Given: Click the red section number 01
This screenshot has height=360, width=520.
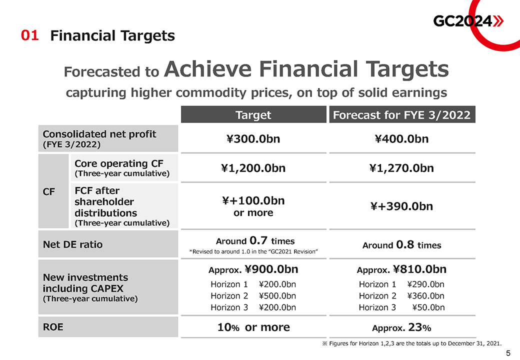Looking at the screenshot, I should click(29, 35).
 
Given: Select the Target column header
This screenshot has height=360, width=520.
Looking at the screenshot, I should click(253, 115).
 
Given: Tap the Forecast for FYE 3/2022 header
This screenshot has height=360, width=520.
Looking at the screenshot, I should click(401, 115).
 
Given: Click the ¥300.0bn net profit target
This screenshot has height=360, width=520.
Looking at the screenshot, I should click(253, 138).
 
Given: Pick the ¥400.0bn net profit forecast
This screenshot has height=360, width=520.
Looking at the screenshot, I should click(401, 138).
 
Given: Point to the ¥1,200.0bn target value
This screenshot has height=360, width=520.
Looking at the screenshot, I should click(253, 168).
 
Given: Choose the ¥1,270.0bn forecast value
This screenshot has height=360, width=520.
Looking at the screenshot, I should click(401, 168).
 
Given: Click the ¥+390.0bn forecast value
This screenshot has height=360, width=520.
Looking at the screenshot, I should click(401, 206).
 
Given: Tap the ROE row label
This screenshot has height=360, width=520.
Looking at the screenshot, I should click(53, 327).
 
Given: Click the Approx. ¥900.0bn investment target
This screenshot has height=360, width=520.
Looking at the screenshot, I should click(253, 269).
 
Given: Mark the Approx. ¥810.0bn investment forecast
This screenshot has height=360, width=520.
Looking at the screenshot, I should click(401, 269).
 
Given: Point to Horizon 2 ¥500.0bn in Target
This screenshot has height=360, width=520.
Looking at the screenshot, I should click(253, 296).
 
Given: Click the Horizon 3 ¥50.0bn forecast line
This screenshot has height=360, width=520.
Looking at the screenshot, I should click(401, 307).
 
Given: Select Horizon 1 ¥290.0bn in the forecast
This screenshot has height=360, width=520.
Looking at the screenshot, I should click(401, 284).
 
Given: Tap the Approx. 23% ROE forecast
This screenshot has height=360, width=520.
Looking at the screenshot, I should click(401, 328).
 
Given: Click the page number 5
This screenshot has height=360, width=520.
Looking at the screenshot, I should click(508, 353).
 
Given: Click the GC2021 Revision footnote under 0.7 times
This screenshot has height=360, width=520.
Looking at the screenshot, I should click(253, 251).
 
